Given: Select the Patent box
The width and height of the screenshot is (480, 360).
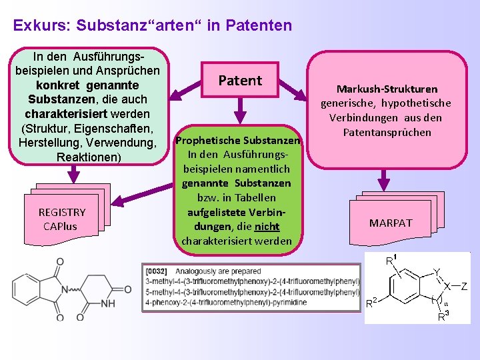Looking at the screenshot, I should pyautogui.click(x=240, y=81).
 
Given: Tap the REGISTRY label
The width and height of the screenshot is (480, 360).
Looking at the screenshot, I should pyautogui.click(x=62, y=212).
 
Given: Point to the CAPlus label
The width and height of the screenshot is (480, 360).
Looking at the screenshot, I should pyautogui.click(x=60, y=226).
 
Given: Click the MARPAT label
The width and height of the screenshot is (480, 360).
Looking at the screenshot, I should pyautogui.click(x=391, y=223).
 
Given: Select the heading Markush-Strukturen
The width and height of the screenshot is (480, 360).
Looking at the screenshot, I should pyautogui.click(x=387, y=89).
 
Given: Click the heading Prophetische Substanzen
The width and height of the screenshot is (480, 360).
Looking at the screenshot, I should pyautogui.click(x=238, y=140).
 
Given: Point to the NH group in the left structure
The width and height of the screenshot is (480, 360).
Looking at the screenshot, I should pyautogui.click(x=107, y=303).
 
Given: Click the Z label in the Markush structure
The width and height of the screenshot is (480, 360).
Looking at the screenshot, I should pyautogui.click(x=463, y=287).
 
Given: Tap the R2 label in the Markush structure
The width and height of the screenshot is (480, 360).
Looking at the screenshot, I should pyautogui.click(x=374, y=303).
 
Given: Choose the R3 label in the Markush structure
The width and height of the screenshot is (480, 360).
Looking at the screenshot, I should pyautogui.click(x=442, y=317).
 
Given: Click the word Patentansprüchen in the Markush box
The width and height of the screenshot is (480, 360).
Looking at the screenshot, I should pyautogui.click(x=387, y=132).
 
